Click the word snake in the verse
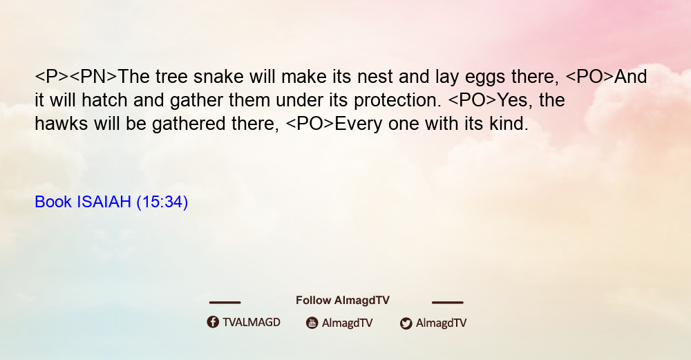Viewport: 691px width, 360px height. [x=218, y=77]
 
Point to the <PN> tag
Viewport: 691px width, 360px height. [x=93, y=77]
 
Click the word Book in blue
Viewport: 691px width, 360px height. [x=53, y=202]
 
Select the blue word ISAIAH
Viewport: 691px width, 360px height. [x=104, y=202]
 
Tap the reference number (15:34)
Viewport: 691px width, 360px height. [x=162, y=202]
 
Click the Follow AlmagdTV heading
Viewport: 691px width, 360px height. [x=343, y=301]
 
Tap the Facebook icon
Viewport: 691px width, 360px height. [x=213, y=322]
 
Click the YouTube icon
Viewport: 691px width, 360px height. [x=312, y=323]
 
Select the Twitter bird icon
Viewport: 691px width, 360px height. [x=406, y=323]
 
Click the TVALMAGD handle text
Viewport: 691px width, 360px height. [x=252, y=323]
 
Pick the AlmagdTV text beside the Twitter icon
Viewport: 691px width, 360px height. [x=441, y=323]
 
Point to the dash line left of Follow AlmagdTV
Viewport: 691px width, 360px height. [x=225, y=303]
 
